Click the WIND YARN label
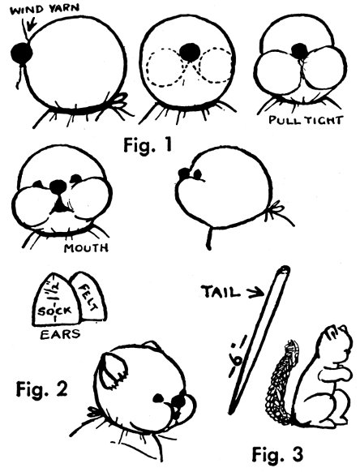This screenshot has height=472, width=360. [45, 9]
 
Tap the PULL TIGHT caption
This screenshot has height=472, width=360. [306, 120]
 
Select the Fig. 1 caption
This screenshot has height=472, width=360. [148, 146]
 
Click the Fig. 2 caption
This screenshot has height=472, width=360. [42, 389]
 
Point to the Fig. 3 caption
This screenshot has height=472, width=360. [277, 454]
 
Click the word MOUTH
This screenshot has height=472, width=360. [86, 248]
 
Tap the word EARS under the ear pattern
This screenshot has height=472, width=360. [60, 334]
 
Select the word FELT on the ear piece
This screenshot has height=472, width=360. [88, 298]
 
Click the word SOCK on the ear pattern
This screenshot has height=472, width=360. [54, 311]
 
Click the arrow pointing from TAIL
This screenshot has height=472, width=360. [256, 294]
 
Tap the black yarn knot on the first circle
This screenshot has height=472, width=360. [21, 54]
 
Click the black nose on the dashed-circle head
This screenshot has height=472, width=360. [190, 53]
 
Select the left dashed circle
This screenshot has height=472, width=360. [166, 68]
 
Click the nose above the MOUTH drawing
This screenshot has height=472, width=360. [58, 187]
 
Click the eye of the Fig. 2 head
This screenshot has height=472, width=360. [158, 398]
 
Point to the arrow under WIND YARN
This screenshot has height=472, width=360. [31, 24]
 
